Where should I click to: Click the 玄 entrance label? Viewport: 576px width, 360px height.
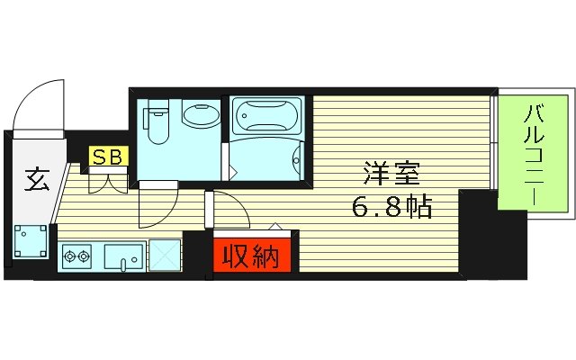(x=36, y=181)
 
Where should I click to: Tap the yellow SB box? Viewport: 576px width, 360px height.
(x=109, y=157)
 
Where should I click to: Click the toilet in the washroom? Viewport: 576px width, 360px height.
(x=157, y=123)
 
